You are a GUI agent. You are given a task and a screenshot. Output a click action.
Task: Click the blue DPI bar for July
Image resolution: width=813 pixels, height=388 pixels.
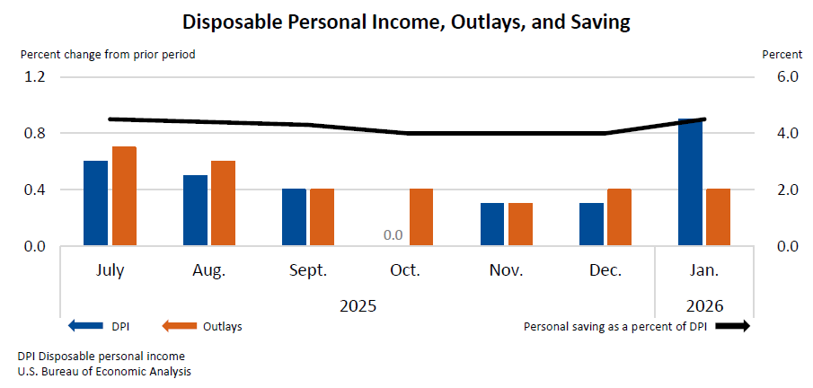pyautogui.click(x=95, y=203)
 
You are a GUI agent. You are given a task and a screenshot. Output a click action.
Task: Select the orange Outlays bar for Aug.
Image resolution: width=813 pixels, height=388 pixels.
pyautogui.click(x=223, y=203)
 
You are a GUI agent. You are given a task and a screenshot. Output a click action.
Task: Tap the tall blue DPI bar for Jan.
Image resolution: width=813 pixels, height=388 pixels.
pyautogui.click(x=690, y=182)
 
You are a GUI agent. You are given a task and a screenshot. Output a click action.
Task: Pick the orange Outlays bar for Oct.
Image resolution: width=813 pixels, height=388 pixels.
pyautogui.click(x=421, y=216)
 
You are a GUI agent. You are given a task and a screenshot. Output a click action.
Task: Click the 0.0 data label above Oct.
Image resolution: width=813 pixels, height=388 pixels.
pyautogui.click(x=393, y=236)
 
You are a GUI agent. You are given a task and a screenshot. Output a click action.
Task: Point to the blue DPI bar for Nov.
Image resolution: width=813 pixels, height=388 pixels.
pyautogui.click(x=492, y=224)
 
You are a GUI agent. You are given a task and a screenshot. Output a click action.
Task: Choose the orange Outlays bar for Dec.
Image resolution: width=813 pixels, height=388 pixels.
pyautogui.click(x=619, y=216)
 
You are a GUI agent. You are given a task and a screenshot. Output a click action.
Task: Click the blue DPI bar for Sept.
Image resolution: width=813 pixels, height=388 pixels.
pyautogui.click(x=294, y=216)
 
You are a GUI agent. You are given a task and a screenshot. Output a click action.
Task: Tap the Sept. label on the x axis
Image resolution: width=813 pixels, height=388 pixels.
pyautogui.click(x=308, y=270)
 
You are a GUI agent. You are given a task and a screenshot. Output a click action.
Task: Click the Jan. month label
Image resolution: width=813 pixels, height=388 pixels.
pyautogui.click(x=704, y=270)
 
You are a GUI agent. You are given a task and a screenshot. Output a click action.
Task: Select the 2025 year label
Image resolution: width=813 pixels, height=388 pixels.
pyautogui.click(x=358, y=304)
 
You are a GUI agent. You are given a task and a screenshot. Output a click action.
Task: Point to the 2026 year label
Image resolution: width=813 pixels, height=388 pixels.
pyautogui.click(x=704, y=304)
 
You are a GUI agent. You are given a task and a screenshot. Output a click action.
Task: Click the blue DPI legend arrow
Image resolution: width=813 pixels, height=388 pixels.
pyautogui.click(x=84, y=326)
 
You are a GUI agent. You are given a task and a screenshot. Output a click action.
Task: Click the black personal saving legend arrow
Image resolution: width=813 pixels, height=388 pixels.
pyautogui.click(x=731, y=326)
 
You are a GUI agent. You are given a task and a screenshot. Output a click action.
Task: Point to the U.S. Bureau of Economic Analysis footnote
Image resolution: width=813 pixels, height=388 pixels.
pyautogui.click(x=103, y=371)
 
